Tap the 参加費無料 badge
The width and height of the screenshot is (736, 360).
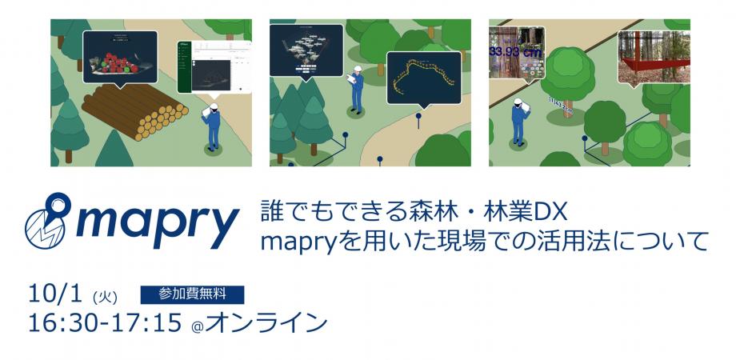point(192,294)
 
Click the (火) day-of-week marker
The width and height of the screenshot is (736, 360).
point(105,297)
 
